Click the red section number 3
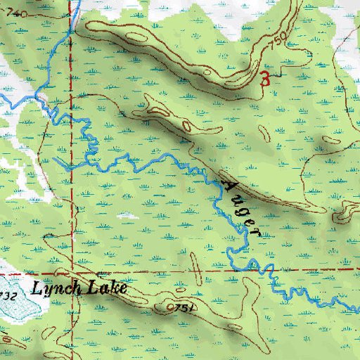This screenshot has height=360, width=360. coord(265,78)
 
